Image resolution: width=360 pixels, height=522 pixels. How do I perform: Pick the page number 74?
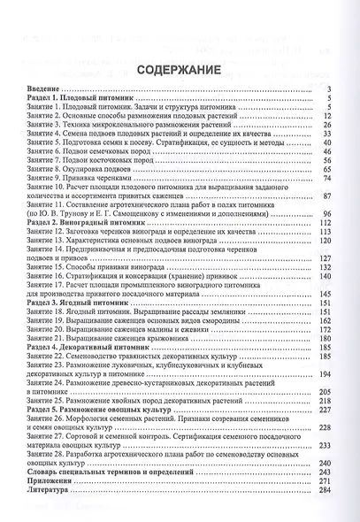[325, 152]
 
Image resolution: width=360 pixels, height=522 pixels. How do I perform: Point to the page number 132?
[322, 265]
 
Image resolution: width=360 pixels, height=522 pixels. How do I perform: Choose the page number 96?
[325, 213]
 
